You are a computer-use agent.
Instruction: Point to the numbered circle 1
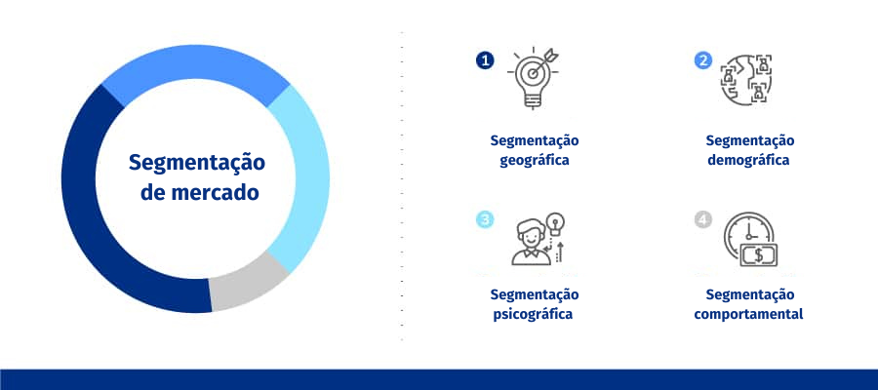485,60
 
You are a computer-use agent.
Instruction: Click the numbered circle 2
703,60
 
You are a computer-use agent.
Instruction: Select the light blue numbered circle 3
485,219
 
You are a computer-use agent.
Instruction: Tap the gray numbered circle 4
703,219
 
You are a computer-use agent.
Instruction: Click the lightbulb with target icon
533,77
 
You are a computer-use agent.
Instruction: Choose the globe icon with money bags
745,79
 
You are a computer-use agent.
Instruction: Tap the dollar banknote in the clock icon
759,255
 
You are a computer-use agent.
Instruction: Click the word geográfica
535,160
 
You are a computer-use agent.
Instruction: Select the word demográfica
748,160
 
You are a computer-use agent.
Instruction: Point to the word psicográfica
533,314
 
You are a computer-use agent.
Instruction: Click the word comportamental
748,314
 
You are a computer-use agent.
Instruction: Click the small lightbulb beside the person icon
555,222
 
